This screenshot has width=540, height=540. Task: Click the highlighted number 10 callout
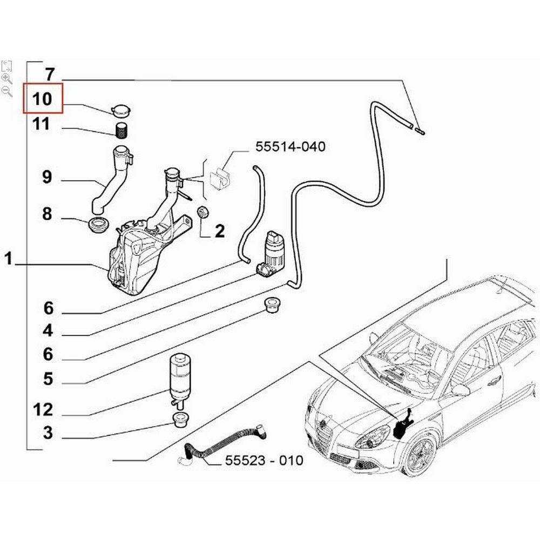[x=43, y=99]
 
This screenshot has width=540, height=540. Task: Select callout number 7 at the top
[x=49, y=73]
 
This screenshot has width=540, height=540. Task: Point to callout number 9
[x=48, y=177]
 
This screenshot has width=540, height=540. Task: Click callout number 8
[x=48, y=214]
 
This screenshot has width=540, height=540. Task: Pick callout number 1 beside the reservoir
[x=8, y=259]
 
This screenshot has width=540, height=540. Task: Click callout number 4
[x=49, y=330]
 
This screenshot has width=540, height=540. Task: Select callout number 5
[x=49, y=379]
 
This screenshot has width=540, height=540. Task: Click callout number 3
[x=49, y=433]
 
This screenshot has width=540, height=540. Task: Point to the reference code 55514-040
[x=290, y=146]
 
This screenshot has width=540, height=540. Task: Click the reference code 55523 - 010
[x=264, y=461]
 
